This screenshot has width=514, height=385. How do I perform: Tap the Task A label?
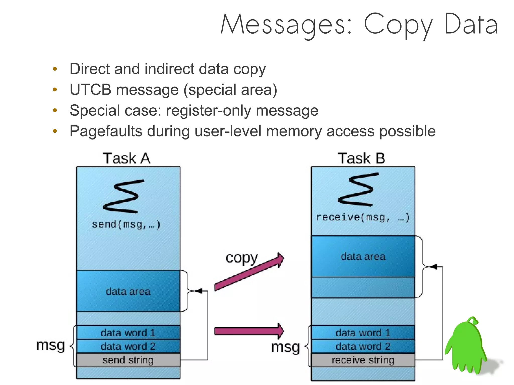pos(126,159)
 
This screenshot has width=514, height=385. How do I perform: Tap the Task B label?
pos(361,159)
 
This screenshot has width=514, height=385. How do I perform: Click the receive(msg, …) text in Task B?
pos(363,217)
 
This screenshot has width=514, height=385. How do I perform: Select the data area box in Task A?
pos(128,291)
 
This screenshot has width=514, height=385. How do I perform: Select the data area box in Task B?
pos(363,257)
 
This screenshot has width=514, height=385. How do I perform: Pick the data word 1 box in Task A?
pos(128,333)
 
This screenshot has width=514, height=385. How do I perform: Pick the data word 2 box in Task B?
pos(363,346)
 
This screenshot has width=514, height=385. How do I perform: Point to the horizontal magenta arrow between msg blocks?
pos(248,331)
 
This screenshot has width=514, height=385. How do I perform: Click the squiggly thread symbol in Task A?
pos(123,196)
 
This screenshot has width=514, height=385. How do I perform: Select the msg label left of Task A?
pos(50,345)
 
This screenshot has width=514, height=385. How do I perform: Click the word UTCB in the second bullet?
pos(90,90)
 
